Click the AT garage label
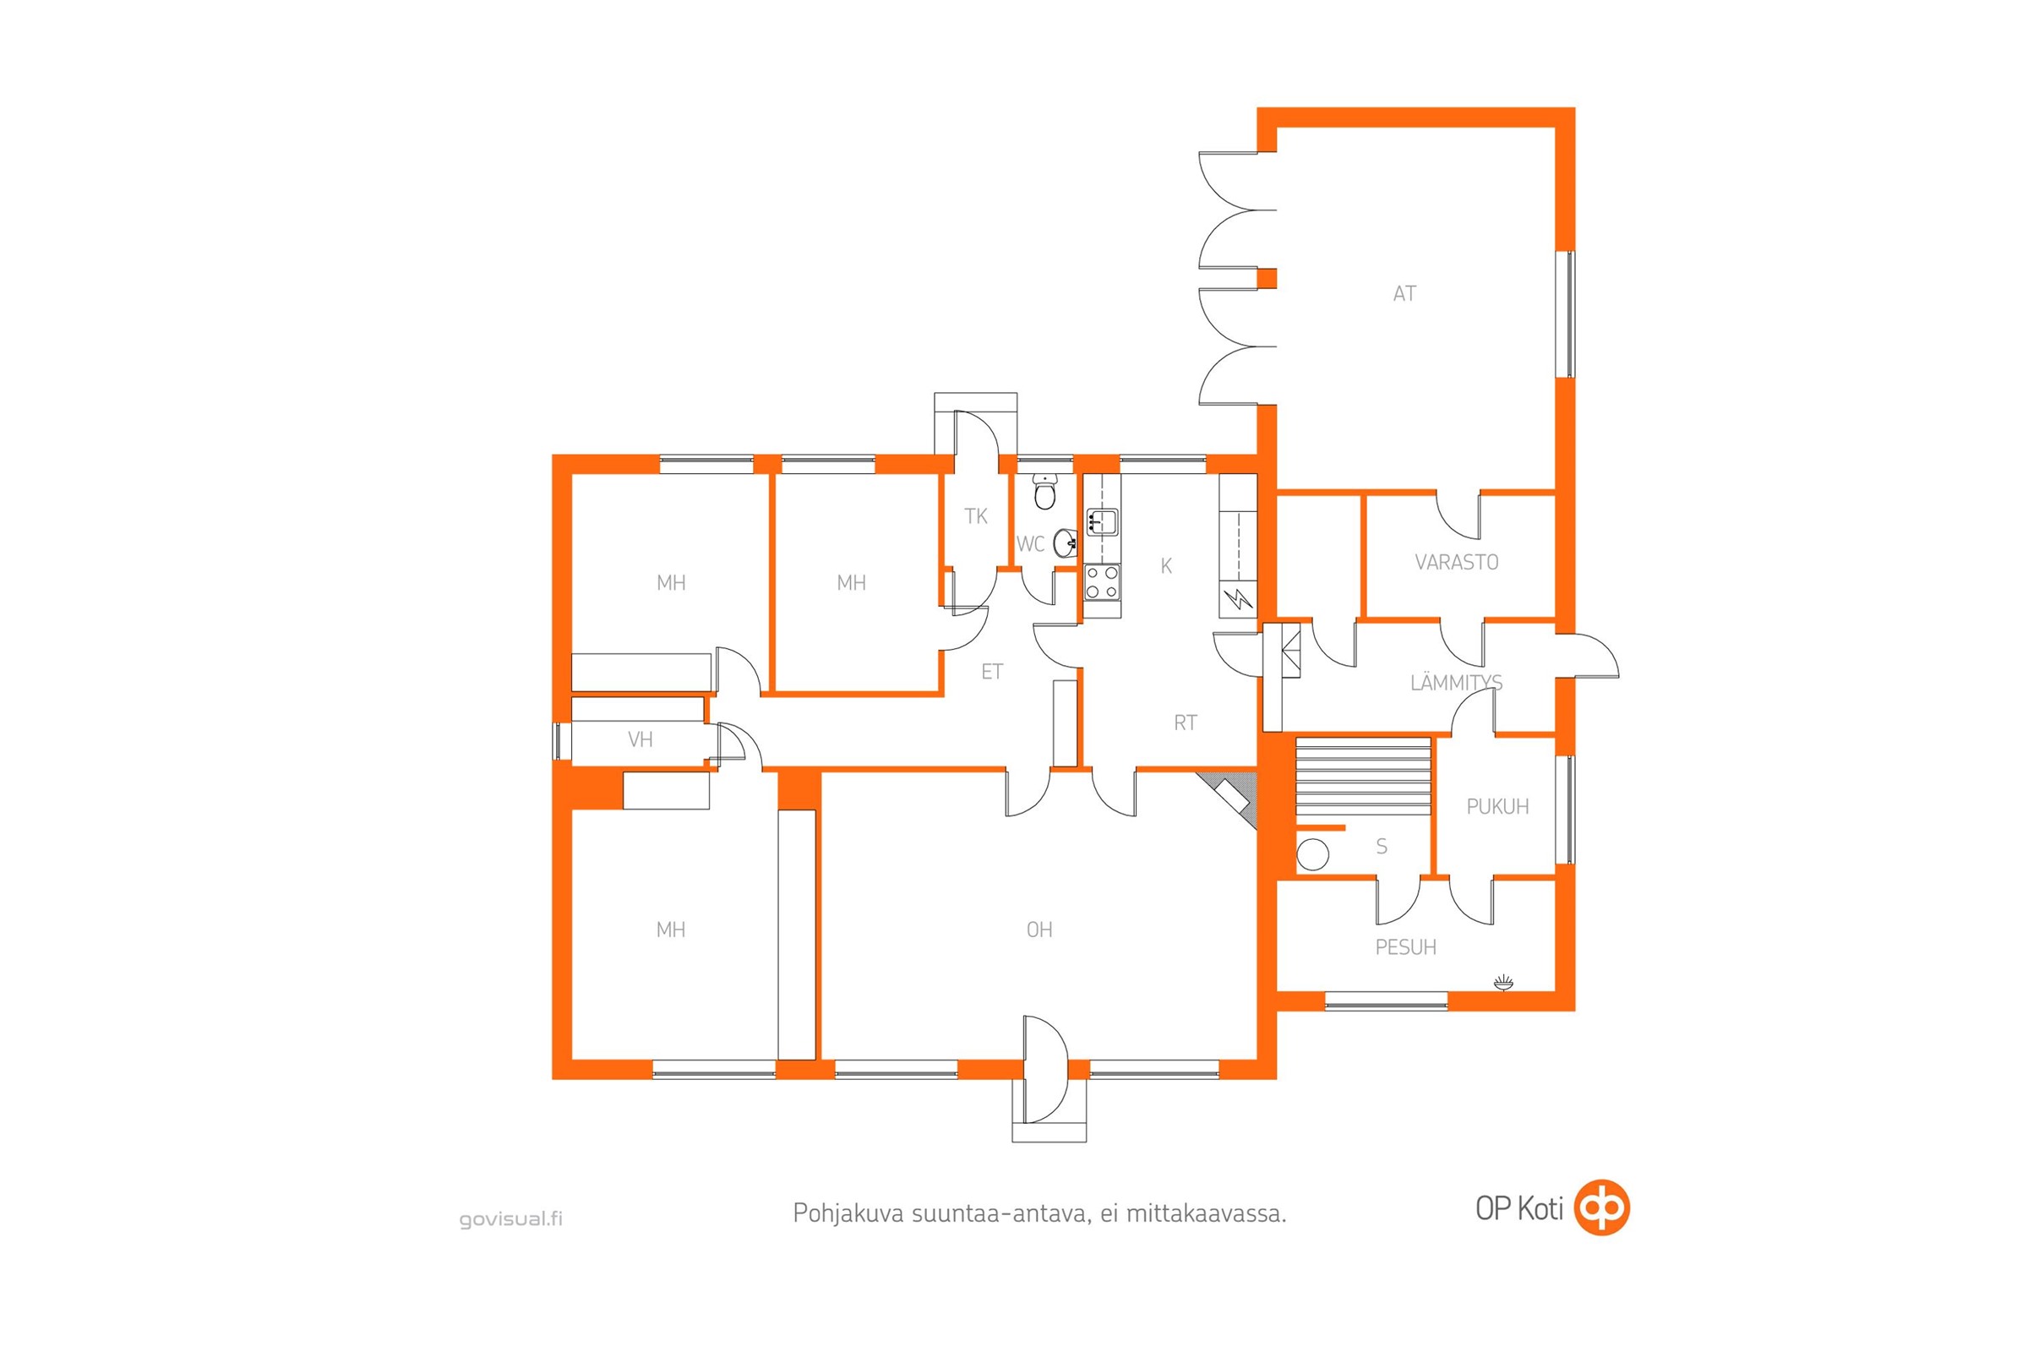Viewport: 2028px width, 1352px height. (1404, 294)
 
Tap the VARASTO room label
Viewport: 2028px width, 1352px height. (1456, 562)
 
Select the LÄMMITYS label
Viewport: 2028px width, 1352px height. (1456, 683)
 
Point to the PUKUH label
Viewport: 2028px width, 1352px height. (1497, 806)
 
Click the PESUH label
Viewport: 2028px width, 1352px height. (1405, 947)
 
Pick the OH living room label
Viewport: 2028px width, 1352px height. (1039, 929)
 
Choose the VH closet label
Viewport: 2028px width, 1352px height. (640, 739)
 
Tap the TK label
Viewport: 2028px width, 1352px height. (975, 516)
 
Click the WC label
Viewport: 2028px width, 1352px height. (1030, 544)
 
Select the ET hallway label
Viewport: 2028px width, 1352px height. (991, 672)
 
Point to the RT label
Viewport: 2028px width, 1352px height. (1186, 722)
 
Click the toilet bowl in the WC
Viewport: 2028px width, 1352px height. (1045, 493)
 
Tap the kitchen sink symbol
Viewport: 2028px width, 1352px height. (1102, 521)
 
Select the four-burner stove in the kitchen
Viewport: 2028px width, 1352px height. (1102, 582)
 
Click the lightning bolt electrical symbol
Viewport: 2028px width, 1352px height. (1239, 597)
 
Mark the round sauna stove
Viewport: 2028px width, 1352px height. (1312, 853)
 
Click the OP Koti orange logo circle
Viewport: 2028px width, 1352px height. (1602, 1208)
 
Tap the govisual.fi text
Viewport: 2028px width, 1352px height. (511, 1219)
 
